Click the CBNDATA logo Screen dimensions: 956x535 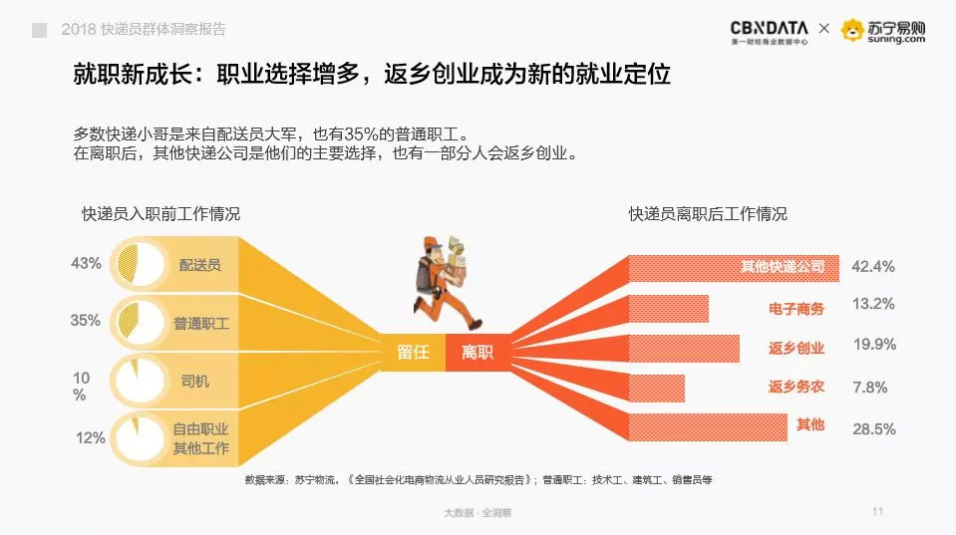(x=770, y=32)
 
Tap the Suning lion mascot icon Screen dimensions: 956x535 (x=852, y=30)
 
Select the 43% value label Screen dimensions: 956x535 (x=86, y=263)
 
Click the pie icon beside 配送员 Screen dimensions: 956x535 (x=140, y=264)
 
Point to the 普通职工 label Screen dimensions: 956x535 (x=201, y=323)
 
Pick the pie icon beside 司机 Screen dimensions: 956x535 (x=140, y=381)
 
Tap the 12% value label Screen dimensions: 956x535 (x=91, y=437)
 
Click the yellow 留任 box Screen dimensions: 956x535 (x=413, y=353)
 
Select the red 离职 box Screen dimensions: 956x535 (x=478, y=353)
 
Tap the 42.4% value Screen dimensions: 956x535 (x=873, y=266)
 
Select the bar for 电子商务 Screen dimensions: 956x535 (x=668, y=308)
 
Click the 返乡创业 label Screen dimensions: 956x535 (x=797, y=348)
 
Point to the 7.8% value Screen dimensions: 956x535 (x=870, y=387)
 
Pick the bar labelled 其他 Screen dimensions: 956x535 (x=708, y=427)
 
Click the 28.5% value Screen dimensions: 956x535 (x=874, y=429)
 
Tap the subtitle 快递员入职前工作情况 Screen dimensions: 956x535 (x=160, y=214)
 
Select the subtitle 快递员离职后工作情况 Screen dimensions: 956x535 (x=708, y=214)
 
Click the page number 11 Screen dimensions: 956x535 (x=878, y=511)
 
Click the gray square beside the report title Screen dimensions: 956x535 (x=40, y=30)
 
